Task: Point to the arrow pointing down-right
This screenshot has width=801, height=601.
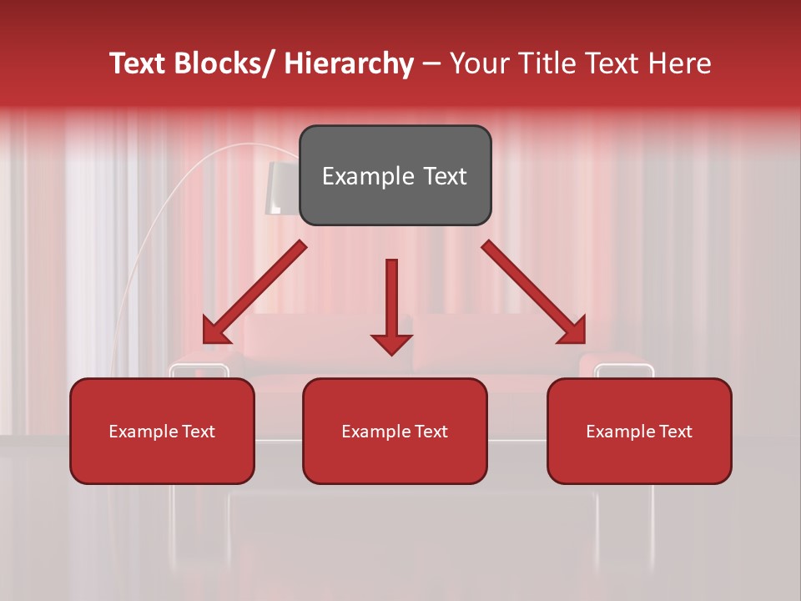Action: (x=534, y=293)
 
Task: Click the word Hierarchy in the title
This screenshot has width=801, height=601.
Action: (x=349, y=63)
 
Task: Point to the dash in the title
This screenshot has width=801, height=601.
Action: (x=431, y=63)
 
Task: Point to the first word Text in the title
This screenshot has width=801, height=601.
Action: (x=138, y=63)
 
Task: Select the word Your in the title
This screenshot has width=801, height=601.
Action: (x=478, y=63)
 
